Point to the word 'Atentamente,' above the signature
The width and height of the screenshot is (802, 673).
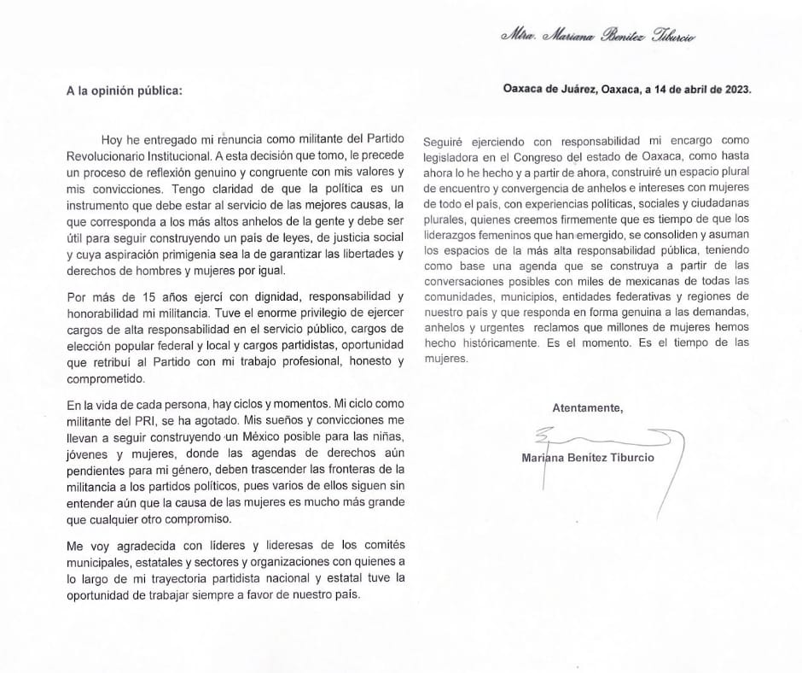coord(587,407)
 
